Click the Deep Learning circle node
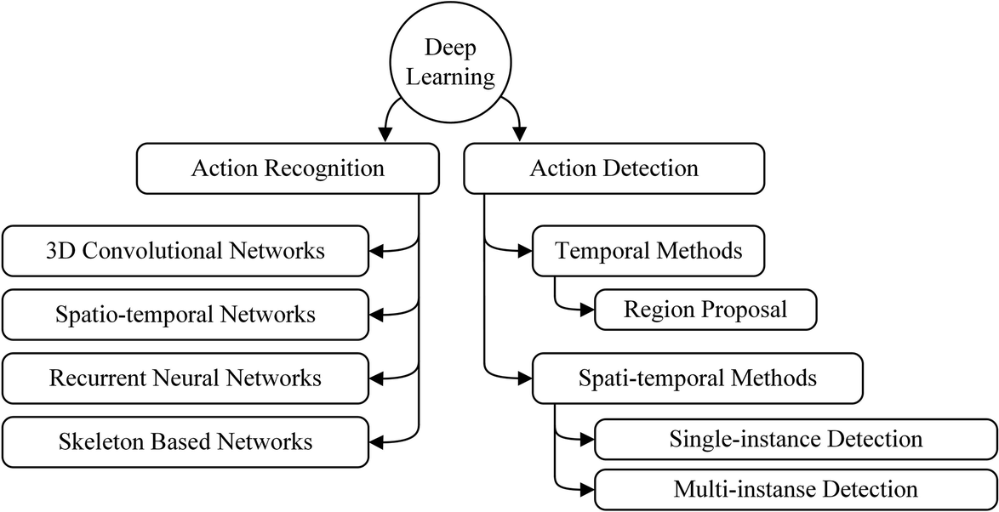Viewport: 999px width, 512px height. click(449, 65)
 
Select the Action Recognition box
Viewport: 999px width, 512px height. click(288, 168)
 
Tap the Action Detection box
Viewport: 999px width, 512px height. click(614, 168)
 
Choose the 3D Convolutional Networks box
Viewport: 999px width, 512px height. click(185, 251)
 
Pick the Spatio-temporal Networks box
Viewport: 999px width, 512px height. click(185, 314)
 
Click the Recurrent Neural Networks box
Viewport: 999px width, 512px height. click(185, 378)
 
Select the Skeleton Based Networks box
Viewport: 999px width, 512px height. click(185, 441)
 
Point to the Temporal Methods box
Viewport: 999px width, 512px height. click(648, 251)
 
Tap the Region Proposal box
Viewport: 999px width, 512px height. click(705, 310)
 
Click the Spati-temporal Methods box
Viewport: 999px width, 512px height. click(697, 378)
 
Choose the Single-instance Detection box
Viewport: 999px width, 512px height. click(795, 440)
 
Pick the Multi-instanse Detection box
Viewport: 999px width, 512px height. click(795, 490)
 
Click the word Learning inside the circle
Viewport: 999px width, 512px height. click(449, 77)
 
